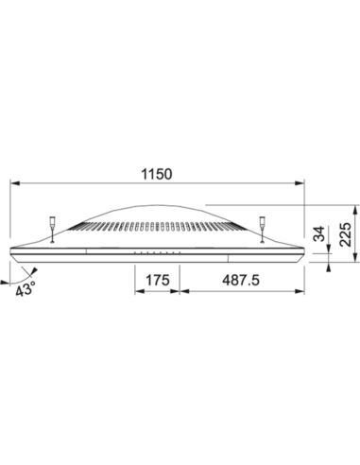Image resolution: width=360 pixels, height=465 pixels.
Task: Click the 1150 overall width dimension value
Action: coord(157,174)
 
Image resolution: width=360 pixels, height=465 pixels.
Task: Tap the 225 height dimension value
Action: coord(346,234)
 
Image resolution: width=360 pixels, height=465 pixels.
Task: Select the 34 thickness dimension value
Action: coord(320,233)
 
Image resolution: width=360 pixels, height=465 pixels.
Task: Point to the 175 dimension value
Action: coord(158,280)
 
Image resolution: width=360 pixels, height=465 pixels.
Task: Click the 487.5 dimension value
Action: coord(241,280)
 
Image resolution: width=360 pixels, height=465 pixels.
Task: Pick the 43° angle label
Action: coord(26,289)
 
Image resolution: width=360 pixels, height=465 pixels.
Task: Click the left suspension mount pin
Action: coord(52,230)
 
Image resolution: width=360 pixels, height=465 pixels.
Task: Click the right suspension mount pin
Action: coord(262,230)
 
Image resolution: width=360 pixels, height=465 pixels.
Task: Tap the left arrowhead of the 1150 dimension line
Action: coord(15,183)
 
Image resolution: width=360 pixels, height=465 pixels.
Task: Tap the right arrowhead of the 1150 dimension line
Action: coord(300,183)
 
